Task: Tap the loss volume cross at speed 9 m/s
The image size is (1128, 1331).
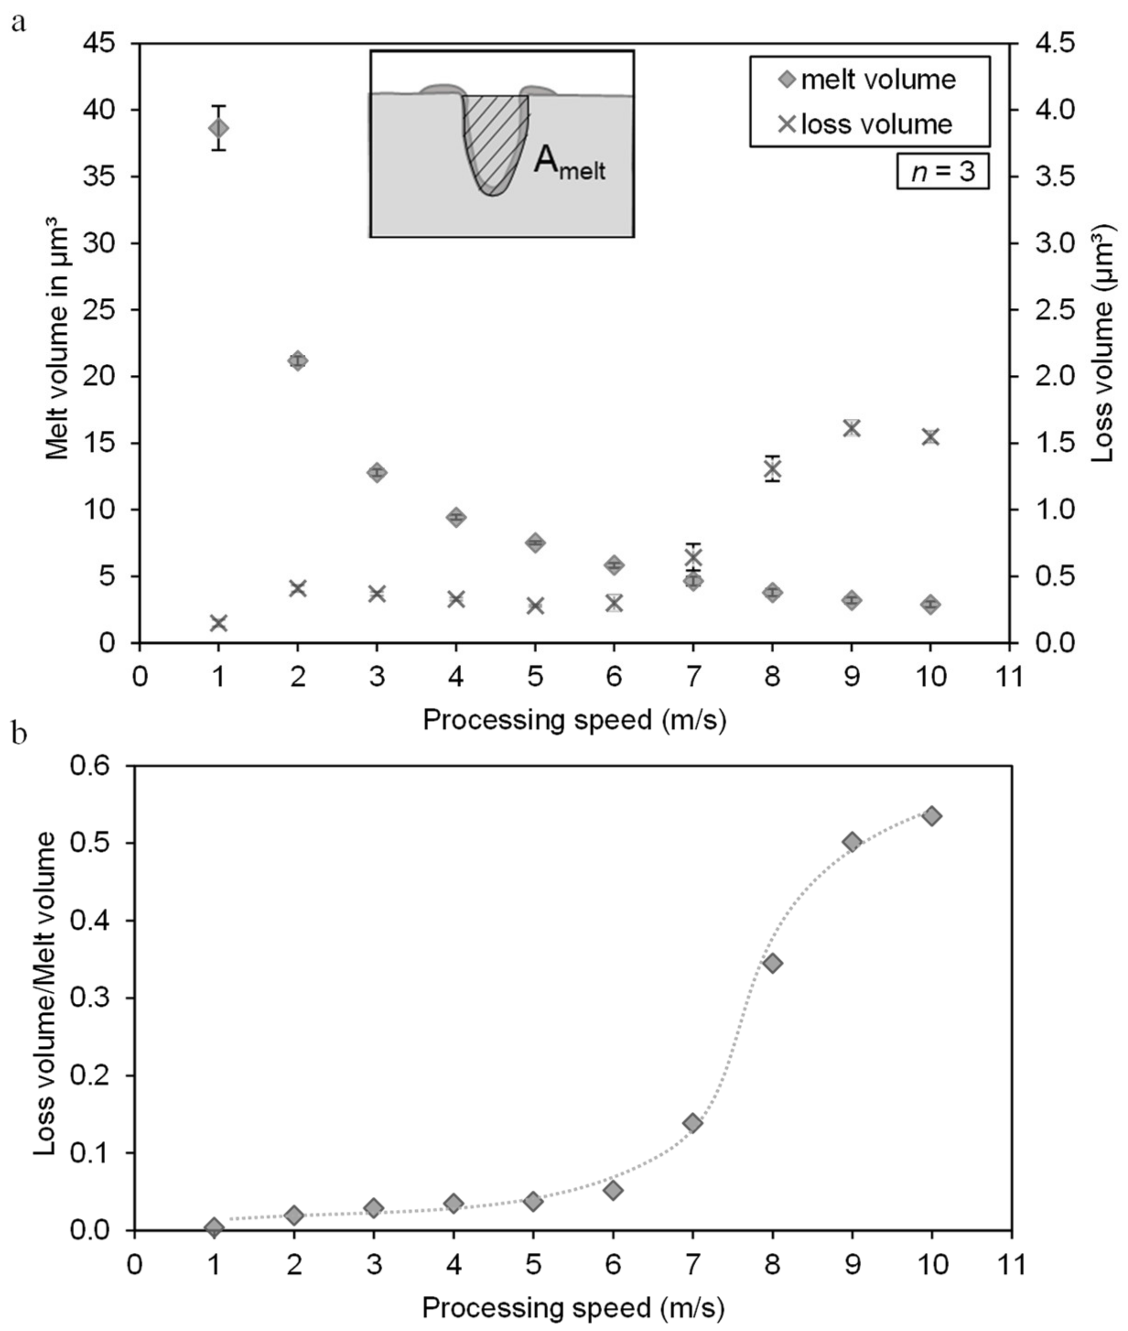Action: [x=851, y=428]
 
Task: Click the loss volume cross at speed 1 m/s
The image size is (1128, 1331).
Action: [x=219, y=622]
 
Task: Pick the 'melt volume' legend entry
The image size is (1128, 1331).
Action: [x=869, y=80]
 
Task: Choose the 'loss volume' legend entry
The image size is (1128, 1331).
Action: [x=869, y=124]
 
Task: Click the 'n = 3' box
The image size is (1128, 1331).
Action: [x=943, y=172]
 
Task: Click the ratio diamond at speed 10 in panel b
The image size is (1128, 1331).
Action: [x=932, y=816]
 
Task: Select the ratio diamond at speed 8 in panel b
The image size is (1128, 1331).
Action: [x=772, y=963]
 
